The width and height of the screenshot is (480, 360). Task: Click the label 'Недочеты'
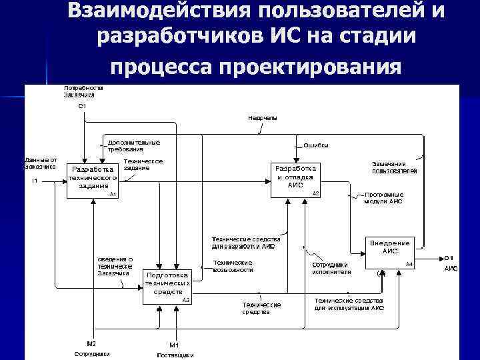tap(263, 118)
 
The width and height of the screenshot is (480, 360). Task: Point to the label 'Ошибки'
tap(315, 145)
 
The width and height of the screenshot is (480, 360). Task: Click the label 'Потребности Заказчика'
tap(83, 91)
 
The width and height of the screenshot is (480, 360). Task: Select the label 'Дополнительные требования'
tap(133, 145)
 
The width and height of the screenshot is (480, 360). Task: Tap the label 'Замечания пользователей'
tap(394, 167)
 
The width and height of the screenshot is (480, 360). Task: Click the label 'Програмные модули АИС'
tap(383, 197)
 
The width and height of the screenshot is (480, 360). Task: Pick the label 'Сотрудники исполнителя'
tap(331, 269)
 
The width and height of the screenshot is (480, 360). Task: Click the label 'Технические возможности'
tap(233, 266)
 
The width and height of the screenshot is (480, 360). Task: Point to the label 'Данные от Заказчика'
tap(41, 163)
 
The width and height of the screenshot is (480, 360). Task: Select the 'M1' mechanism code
tap(174, 345)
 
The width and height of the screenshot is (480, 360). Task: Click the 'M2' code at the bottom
tap(92, 343)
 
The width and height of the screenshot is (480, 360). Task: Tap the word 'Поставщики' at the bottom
tap(175, 355)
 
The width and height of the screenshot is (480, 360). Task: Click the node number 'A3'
tap(186, 300)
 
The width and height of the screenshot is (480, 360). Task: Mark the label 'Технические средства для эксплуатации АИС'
tap(349, 304)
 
